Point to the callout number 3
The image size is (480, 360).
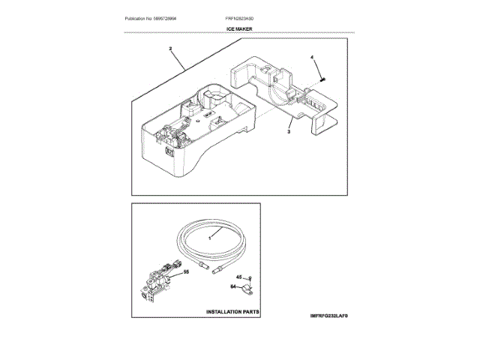point(289,130)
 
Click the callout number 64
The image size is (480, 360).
point(232,286)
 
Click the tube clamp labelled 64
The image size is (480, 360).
point(245,288)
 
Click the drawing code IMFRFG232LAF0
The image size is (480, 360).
point(322,317)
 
